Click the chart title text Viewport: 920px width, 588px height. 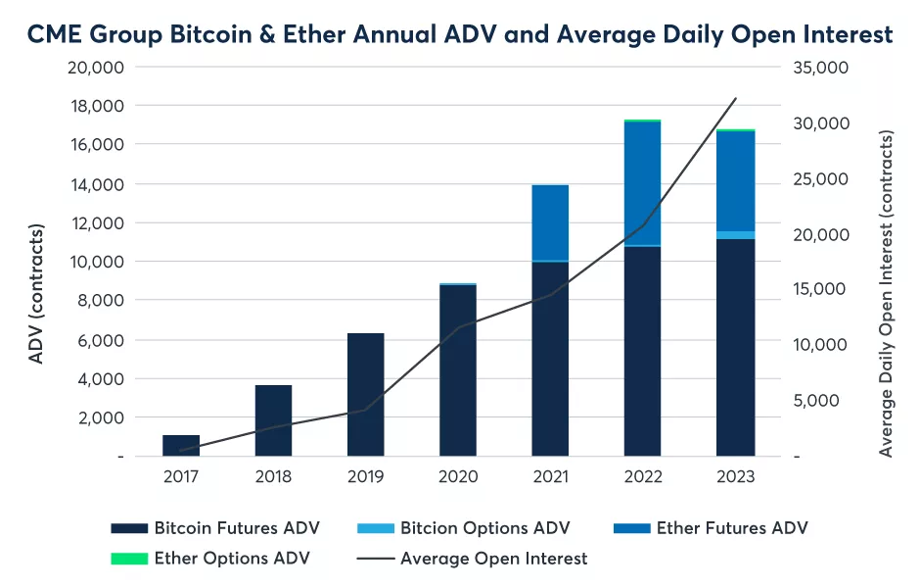tap(460, 34)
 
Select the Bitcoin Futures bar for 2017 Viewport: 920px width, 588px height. tap(181, 446)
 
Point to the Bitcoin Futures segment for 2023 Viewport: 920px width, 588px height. tap(734, 348)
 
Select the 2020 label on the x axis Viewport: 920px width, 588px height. tap(458, 477)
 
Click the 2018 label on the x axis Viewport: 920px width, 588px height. tap(273, 477)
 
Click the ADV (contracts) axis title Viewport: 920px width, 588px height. tap(36, 294)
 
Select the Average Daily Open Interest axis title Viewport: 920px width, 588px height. tap(886, 294)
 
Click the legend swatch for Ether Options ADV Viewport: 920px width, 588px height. tap(127, 559)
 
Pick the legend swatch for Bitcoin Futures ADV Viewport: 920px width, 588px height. tap(127, 528)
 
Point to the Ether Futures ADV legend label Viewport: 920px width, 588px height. tap(732, 528)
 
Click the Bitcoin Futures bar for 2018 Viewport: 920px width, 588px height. tap(273, 421)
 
